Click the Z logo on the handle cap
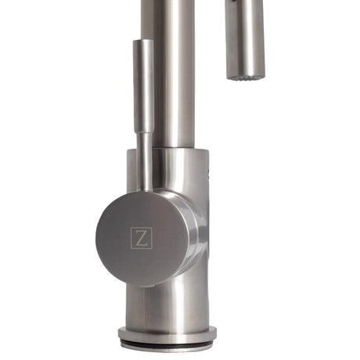tap(141, 238)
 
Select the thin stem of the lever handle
tap(144, 160)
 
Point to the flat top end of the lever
tap(142, 41)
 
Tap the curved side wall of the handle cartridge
tap(192, 235)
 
